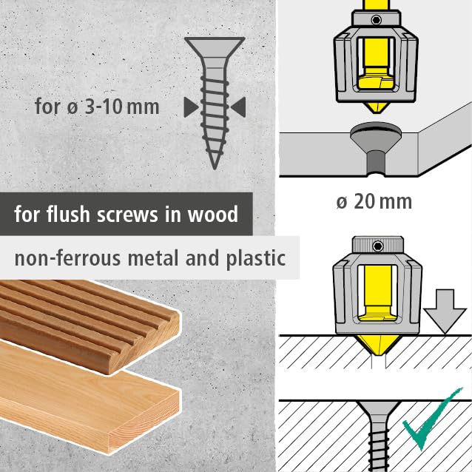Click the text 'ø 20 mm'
[x=374, y=200]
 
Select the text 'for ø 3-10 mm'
[x=97, y=106]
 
